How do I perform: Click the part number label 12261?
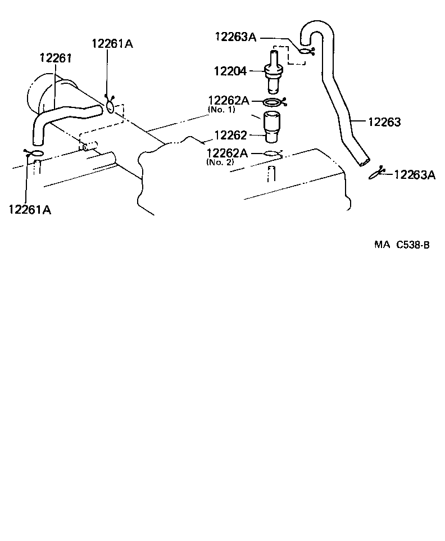click(x=55, y=58)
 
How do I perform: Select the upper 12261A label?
click(x=112, y=44)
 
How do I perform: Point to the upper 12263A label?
click(x=235, y=37)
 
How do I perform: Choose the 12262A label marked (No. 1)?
click(x=228, y=100)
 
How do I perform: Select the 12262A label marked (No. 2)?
click(x=227, y=153)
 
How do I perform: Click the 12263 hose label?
click(x=384, y=121)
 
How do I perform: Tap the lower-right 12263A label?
click(x=415, y=174)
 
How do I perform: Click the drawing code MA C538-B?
click(x=402, y=245)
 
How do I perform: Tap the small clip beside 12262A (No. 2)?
click(x=273, y=152)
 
